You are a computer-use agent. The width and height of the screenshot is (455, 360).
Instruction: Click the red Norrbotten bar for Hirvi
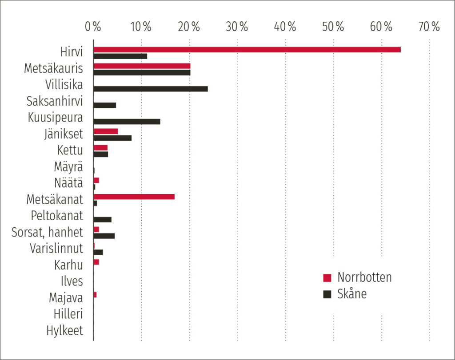pos(247,50)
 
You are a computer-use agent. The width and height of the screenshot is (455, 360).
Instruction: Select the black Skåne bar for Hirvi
pos(120,56)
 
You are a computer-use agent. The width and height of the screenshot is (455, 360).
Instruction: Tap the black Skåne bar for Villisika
pos(151,89)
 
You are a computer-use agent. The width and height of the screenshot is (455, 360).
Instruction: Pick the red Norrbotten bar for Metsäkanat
pos(134,197)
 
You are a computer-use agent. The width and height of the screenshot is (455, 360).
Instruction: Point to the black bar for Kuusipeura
pos(127,122)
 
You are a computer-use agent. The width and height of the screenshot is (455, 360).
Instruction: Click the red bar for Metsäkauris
pos(142,66)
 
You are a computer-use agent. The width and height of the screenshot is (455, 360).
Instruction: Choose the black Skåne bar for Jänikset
pos(112,138)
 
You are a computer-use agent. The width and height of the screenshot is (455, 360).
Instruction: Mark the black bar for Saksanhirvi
pos(105,105)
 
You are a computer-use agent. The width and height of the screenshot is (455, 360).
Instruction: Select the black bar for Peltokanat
pos(103,219)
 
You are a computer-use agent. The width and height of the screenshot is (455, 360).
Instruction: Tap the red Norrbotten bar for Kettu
pos(100,147)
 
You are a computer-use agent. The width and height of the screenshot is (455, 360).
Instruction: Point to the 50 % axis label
pos(333,27)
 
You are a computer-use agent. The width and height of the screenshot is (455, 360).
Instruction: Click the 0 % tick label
pos(93,27)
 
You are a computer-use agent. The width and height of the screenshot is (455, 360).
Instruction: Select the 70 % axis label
pos(429,27)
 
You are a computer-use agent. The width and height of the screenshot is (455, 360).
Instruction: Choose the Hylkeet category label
pos(64,331)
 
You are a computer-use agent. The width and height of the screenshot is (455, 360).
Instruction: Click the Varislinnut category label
pos(56,248)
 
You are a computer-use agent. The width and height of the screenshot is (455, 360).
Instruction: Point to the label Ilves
pos(72,281)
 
